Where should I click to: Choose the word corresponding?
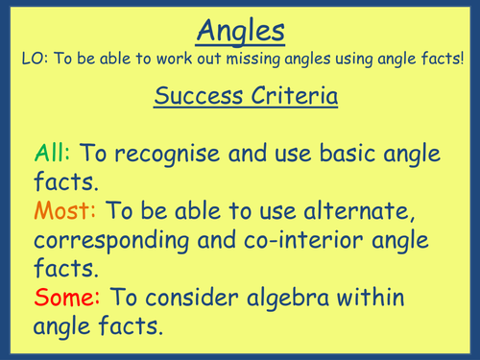coord(109,237)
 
